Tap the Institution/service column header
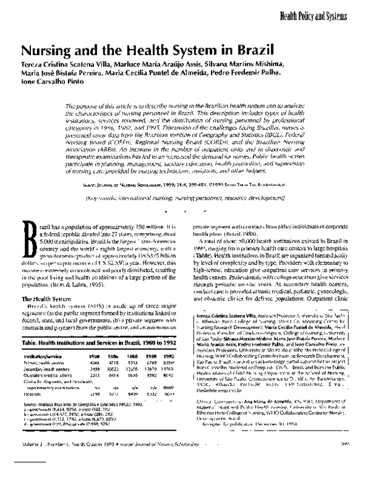click(x=45, y=358)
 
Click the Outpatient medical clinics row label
click(x=48, y=375)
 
